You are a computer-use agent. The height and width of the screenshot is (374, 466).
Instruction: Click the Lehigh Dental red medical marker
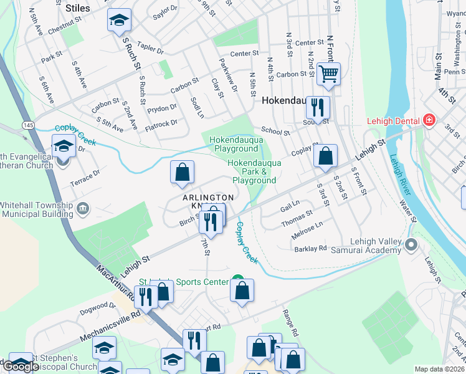(x=429, y=120)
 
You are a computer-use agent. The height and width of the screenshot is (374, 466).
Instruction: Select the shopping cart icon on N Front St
(x=328, y=75)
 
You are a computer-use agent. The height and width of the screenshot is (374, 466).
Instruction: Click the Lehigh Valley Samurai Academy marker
(x=411, y=244)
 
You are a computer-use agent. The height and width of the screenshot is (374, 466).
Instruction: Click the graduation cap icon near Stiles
(x=119, y=21)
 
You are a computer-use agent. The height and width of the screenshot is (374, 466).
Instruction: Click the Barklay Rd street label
(x=311, y=248)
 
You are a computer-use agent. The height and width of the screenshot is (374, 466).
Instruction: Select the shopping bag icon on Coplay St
(x=325, y=156)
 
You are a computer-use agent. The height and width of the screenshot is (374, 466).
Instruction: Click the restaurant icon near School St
(x=318, y=108)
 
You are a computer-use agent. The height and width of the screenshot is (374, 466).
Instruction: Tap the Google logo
(x=21, y=367)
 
